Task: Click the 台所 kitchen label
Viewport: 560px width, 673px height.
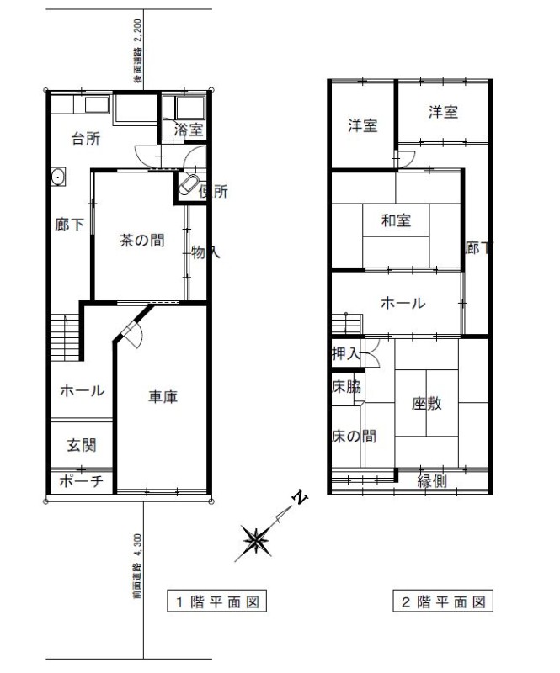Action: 86,138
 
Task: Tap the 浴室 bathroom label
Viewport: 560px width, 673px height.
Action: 189,130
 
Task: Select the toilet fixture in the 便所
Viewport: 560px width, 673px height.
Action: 189,185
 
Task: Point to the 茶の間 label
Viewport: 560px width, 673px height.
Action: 141,240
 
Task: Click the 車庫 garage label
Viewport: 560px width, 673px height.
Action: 163,396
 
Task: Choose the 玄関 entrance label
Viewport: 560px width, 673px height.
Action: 81,445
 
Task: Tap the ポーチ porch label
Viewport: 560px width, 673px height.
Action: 81,481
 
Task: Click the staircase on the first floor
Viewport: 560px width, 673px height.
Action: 65,337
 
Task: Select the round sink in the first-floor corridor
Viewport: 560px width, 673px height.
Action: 58,176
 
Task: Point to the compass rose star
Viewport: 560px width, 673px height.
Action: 257,540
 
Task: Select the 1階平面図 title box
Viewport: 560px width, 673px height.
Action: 216,601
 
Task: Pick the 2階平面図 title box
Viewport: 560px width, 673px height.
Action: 443,601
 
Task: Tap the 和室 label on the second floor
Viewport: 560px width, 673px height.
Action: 396,220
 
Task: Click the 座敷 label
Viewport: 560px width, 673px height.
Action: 426,404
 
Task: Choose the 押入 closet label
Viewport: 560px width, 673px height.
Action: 345,353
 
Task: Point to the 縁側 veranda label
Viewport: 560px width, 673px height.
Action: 432,481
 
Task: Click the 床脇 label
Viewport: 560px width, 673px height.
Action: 346,387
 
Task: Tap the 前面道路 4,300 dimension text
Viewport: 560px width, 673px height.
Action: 136,565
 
